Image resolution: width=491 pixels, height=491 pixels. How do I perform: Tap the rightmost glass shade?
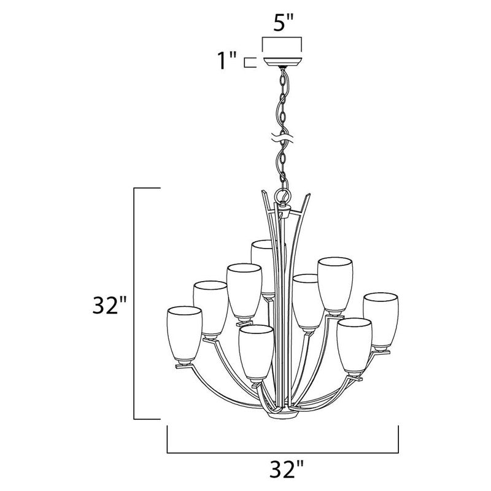[x=381, y=320]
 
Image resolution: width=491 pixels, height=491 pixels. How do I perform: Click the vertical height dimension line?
[x=136, y=304]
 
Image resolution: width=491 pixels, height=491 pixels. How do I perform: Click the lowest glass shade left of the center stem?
[x=255, y=353]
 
